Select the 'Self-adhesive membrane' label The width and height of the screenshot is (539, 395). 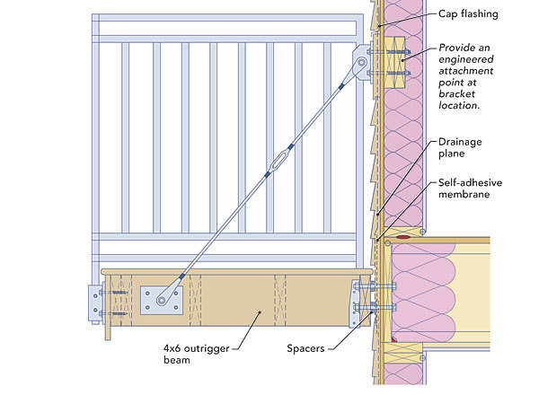pyautogui.click(x=470, y=188)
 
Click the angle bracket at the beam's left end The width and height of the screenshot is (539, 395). pyautogui.click(x=95, y=303)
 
